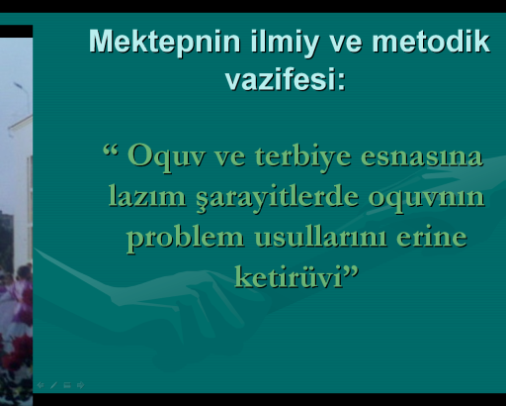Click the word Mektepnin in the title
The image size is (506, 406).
pyautogui.click(x=164, y=42)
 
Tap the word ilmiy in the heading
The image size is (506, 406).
pyautogui.click(x=285, y=43)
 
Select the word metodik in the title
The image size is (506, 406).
pyautogui.click(x=431, y=41)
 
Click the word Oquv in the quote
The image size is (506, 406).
pyautogui.click(x=167, y=156)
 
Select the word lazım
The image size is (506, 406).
pyautogui.click(x=147, y=196)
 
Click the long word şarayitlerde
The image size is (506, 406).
pyautogui.click(x=277, y=197)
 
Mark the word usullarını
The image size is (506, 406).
pyautogui.click(x=320, y=237)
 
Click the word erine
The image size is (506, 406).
pyautogui.click(x=432, y=237)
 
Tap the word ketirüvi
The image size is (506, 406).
pyautogui.click(x=289, y=277)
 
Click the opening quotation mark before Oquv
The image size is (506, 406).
pyautogui.click(x=111, y=150)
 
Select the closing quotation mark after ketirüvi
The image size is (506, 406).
pyautogui.click(x=351, y=270)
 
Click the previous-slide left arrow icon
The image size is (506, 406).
pyautogui.click(x=41, y=385)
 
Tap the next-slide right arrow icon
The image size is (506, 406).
pyautogui.click(x=81, y=385)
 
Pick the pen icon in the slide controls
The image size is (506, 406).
pyautogui.click(x=53, y=385)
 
